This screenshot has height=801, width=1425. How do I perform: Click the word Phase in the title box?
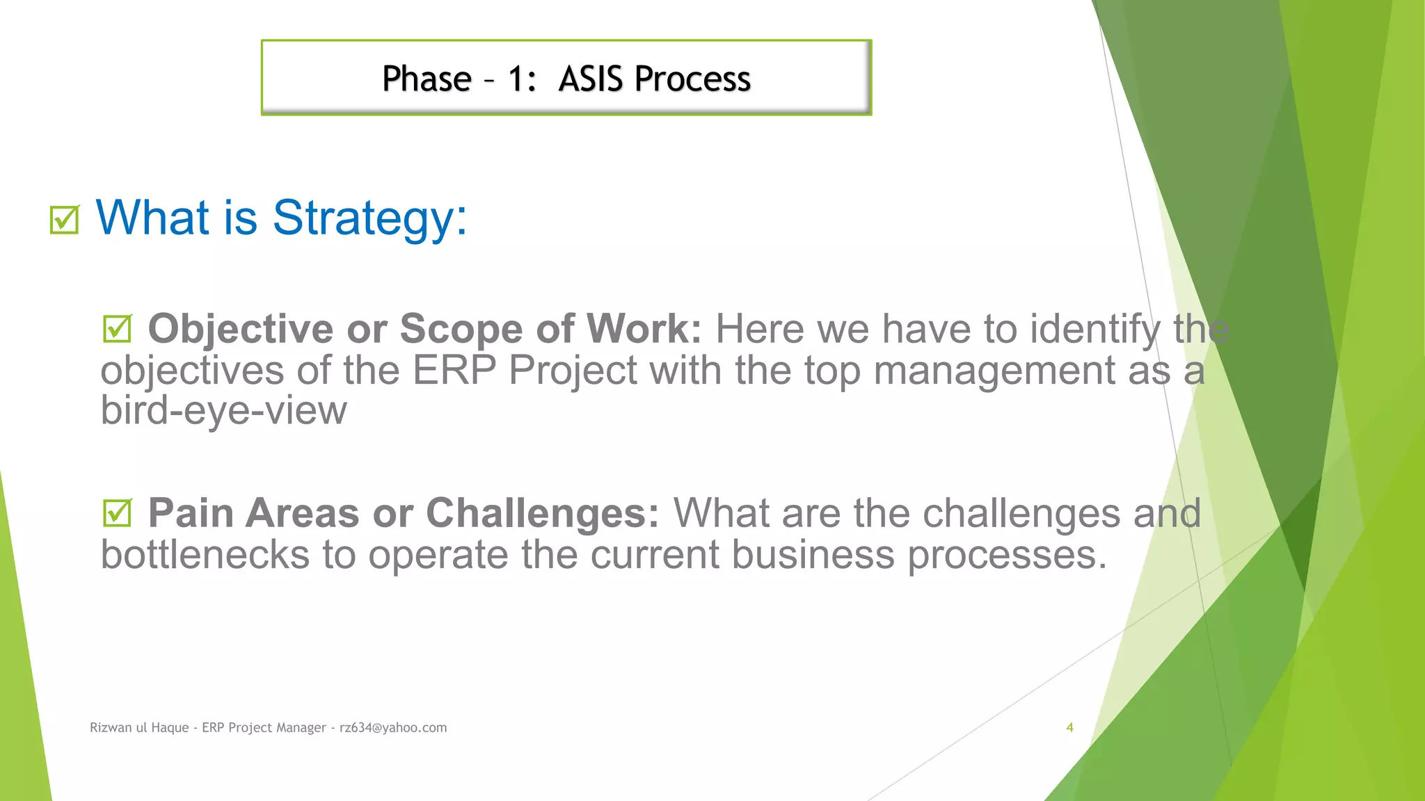[427, 79]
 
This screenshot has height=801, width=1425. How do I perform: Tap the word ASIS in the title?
[590, 79]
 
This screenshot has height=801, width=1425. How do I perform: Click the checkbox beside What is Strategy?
[64, 220]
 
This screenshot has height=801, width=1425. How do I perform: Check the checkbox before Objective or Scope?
[117, 329]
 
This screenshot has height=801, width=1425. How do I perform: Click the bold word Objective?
[240, 329]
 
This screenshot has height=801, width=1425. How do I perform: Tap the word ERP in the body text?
[454, 370]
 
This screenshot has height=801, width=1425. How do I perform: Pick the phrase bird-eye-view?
[223, 410]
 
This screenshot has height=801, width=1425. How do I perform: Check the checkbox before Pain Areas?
[117, 513]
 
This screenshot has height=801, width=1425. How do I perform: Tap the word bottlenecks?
[205, 555]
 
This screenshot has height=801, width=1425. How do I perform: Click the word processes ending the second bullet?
[1006, 555]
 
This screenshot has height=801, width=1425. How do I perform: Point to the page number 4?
[1069, 727]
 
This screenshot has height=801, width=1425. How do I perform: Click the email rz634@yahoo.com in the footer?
[393, 727]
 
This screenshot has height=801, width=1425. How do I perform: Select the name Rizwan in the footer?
[111, 727]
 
